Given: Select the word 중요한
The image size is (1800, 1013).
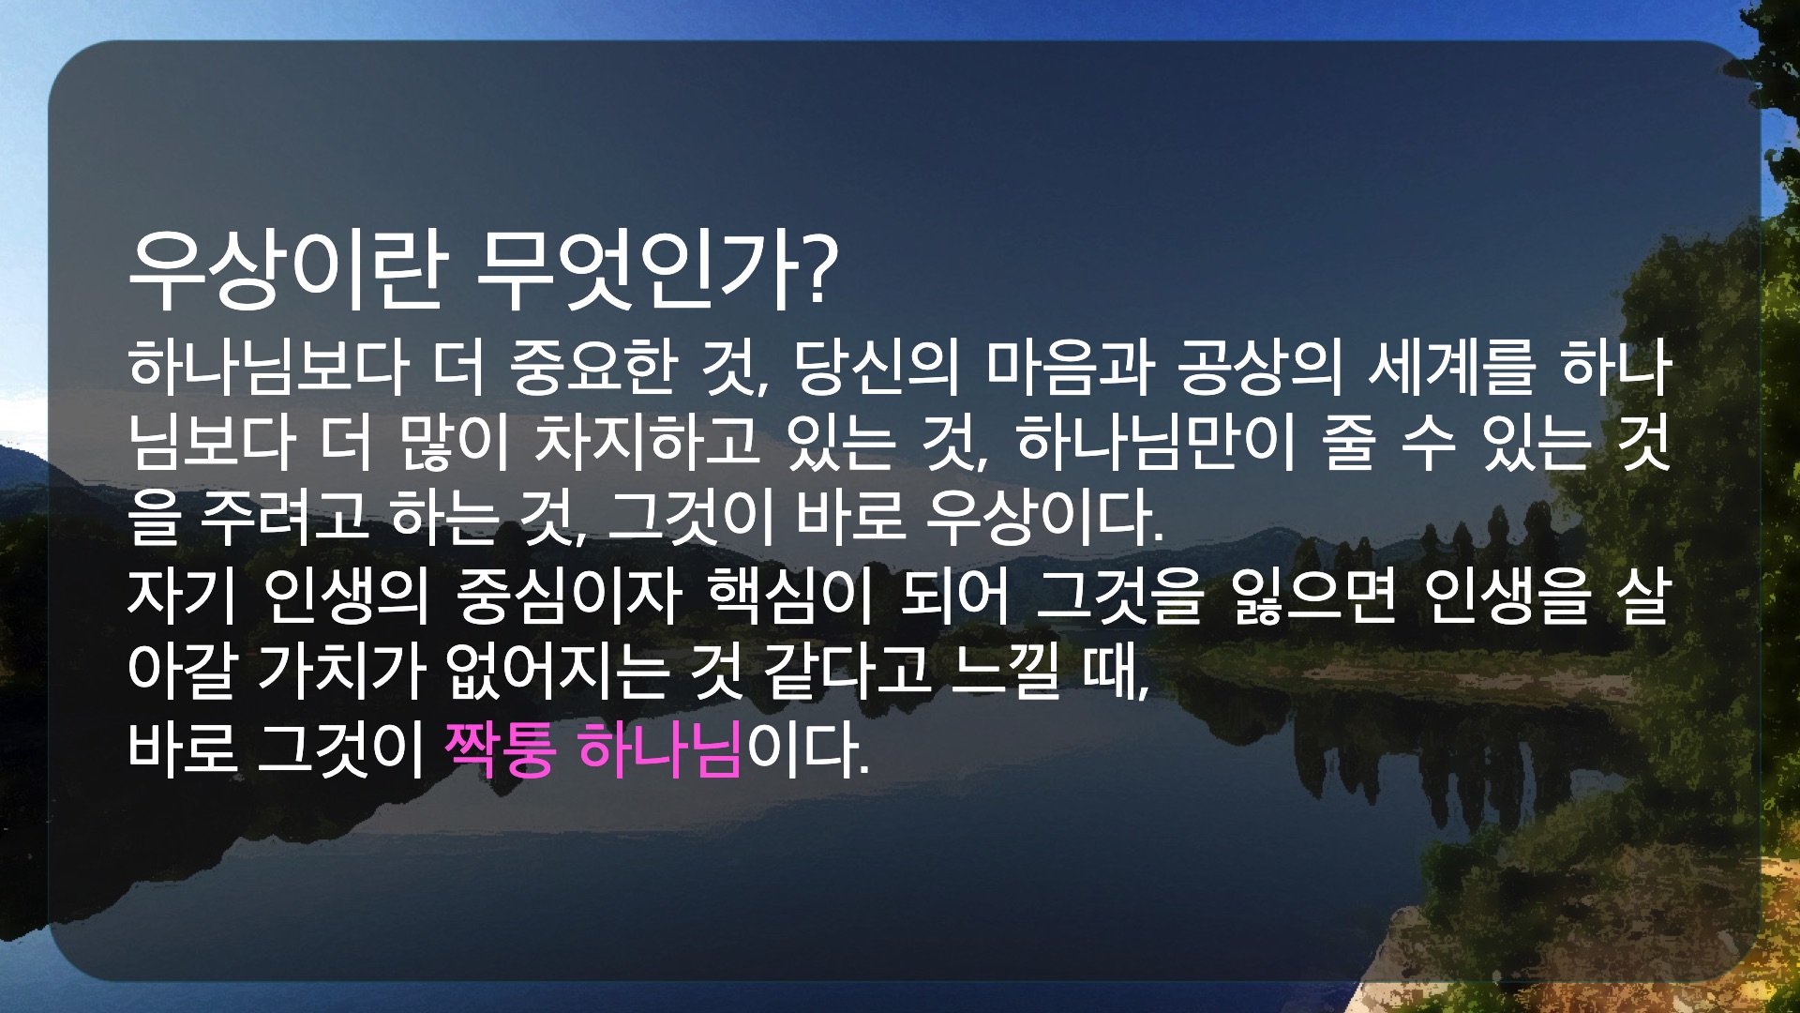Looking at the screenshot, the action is click(594, 367).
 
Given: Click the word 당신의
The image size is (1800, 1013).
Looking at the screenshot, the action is click(877, 367).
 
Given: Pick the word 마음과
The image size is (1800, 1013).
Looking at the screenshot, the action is click(1069, 367).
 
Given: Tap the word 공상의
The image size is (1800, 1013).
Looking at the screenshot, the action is click(1260, 367).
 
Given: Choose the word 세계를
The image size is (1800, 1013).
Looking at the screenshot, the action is click(1452, 367).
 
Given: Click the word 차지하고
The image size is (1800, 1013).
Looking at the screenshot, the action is click(647, 443).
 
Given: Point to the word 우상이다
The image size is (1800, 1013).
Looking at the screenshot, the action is click(1043, 519).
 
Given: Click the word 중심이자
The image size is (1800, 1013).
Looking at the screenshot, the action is click(568, 597).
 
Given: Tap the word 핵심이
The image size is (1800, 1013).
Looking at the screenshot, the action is click(790, 597).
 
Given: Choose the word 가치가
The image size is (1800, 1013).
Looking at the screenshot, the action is click(342, 673).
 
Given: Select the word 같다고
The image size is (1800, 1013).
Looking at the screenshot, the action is click(848, 673).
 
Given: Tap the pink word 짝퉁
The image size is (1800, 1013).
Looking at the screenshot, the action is click(501, 750).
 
